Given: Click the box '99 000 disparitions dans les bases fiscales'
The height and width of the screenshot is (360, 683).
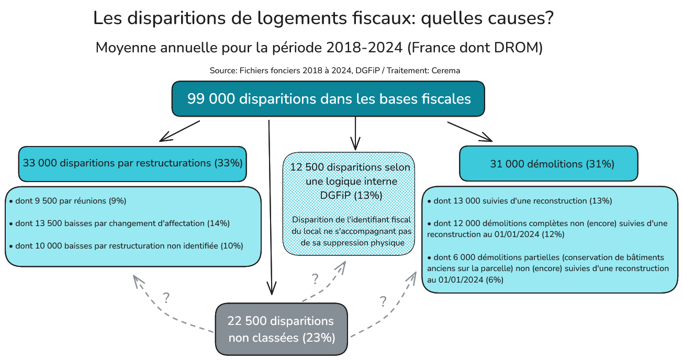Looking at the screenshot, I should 328,99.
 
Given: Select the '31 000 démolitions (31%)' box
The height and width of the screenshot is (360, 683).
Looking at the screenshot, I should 548,164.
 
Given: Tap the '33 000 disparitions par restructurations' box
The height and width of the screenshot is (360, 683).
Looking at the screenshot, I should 132,163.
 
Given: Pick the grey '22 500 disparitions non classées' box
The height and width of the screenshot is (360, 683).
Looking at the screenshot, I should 281,329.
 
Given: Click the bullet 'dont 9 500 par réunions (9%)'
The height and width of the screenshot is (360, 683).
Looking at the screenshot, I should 68,201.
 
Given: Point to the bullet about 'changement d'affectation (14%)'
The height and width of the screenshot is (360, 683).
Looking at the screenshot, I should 119,223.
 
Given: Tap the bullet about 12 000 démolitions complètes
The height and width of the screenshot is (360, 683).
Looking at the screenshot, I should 546,229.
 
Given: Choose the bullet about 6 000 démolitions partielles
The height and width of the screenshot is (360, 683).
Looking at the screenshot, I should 547,268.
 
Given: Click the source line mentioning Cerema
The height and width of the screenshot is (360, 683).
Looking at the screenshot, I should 335,70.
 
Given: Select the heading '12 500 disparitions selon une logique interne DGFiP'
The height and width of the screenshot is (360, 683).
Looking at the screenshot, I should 350,181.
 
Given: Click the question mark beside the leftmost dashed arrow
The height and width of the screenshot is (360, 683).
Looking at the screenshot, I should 166,298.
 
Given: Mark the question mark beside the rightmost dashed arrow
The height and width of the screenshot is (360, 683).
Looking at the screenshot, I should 383,301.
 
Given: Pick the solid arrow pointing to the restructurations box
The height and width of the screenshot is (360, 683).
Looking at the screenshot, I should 180,131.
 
